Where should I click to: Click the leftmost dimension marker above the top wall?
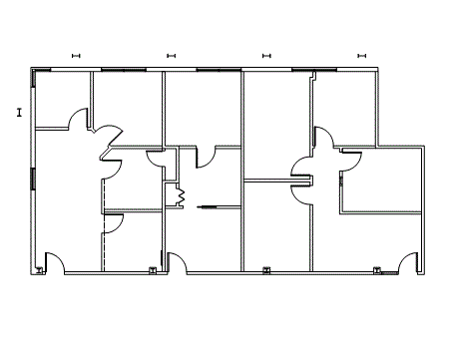point(75,55)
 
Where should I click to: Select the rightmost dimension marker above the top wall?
point(361,55)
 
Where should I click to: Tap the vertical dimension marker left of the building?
point(19,112)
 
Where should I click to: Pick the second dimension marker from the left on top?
point(171,55)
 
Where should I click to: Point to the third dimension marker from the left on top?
point(266,55)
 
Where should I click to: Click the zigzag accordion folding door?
point(181,195)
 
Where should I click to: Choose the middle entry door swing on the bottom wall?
point(178,262)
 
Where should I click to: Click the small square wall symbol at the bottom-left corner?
point(39,269)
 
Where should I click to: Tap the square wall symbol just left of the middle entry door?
point(153,269)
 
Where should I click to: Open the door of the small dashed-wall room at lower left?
point(114,224)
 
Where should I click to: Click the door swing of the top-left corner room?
point(78,122)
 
